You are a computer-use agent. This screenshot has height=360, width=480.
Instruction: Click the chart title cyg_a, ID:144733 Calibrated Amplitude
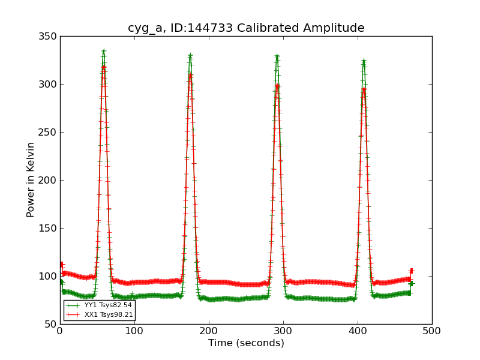click(246, 28)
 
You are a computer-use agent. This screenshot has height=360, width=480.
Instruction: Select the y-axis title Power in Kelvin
click(31, 179)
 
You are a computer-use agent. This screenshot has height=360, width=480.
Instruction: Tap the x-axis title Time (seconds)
click(246, 343)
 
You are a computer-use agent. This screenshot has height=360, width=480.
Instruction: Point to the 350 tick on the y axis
click(50, 37)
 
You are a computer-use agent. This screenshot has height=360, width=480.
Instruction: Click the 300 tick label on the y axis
click(50, 85)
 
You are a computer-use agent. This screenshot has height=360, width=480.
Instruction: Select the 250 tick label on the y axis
click(50, 133)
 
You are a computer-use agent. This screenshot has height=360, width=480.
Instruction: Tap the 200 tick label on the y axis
click(50, 181)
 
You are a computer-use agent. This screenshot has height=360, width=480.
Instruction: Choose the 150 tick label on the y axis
click(50, 229)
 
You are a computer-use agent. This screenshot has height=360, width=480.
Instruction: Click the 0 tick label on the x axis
click(60, 331)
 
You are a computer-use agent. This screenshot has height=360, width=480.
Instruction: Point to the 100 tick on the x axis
click(134, 331)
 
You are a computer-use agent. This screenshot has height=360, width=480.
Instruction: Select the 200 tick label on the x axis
click(209, 331)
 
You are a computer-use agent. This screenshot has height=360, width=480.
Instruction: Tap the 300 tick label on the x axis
click(283, 331)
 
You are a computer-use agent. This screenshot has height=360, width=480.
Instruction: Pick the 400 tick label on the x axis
click(358, 331)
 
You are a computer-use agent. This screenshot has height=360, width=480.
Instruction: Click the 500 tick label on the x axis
click(432, 331)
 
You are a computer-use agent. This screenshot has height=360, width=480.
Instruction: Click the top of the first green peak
click(103, 52)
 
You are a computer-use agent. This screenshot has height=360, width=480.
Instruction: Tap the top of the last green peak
click(364, 61)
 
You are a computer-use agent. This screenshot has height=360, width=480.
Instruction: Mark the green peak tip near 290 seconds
click(277, 56)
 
